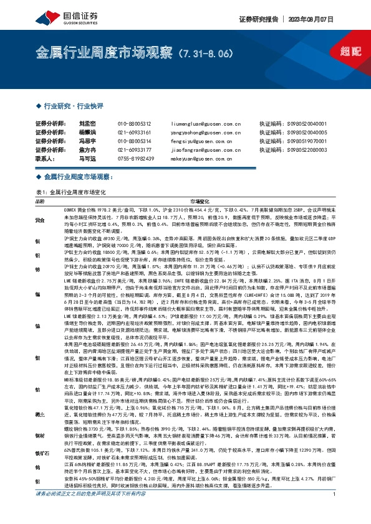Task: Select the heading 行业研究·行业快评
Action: tap(70, 106)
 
